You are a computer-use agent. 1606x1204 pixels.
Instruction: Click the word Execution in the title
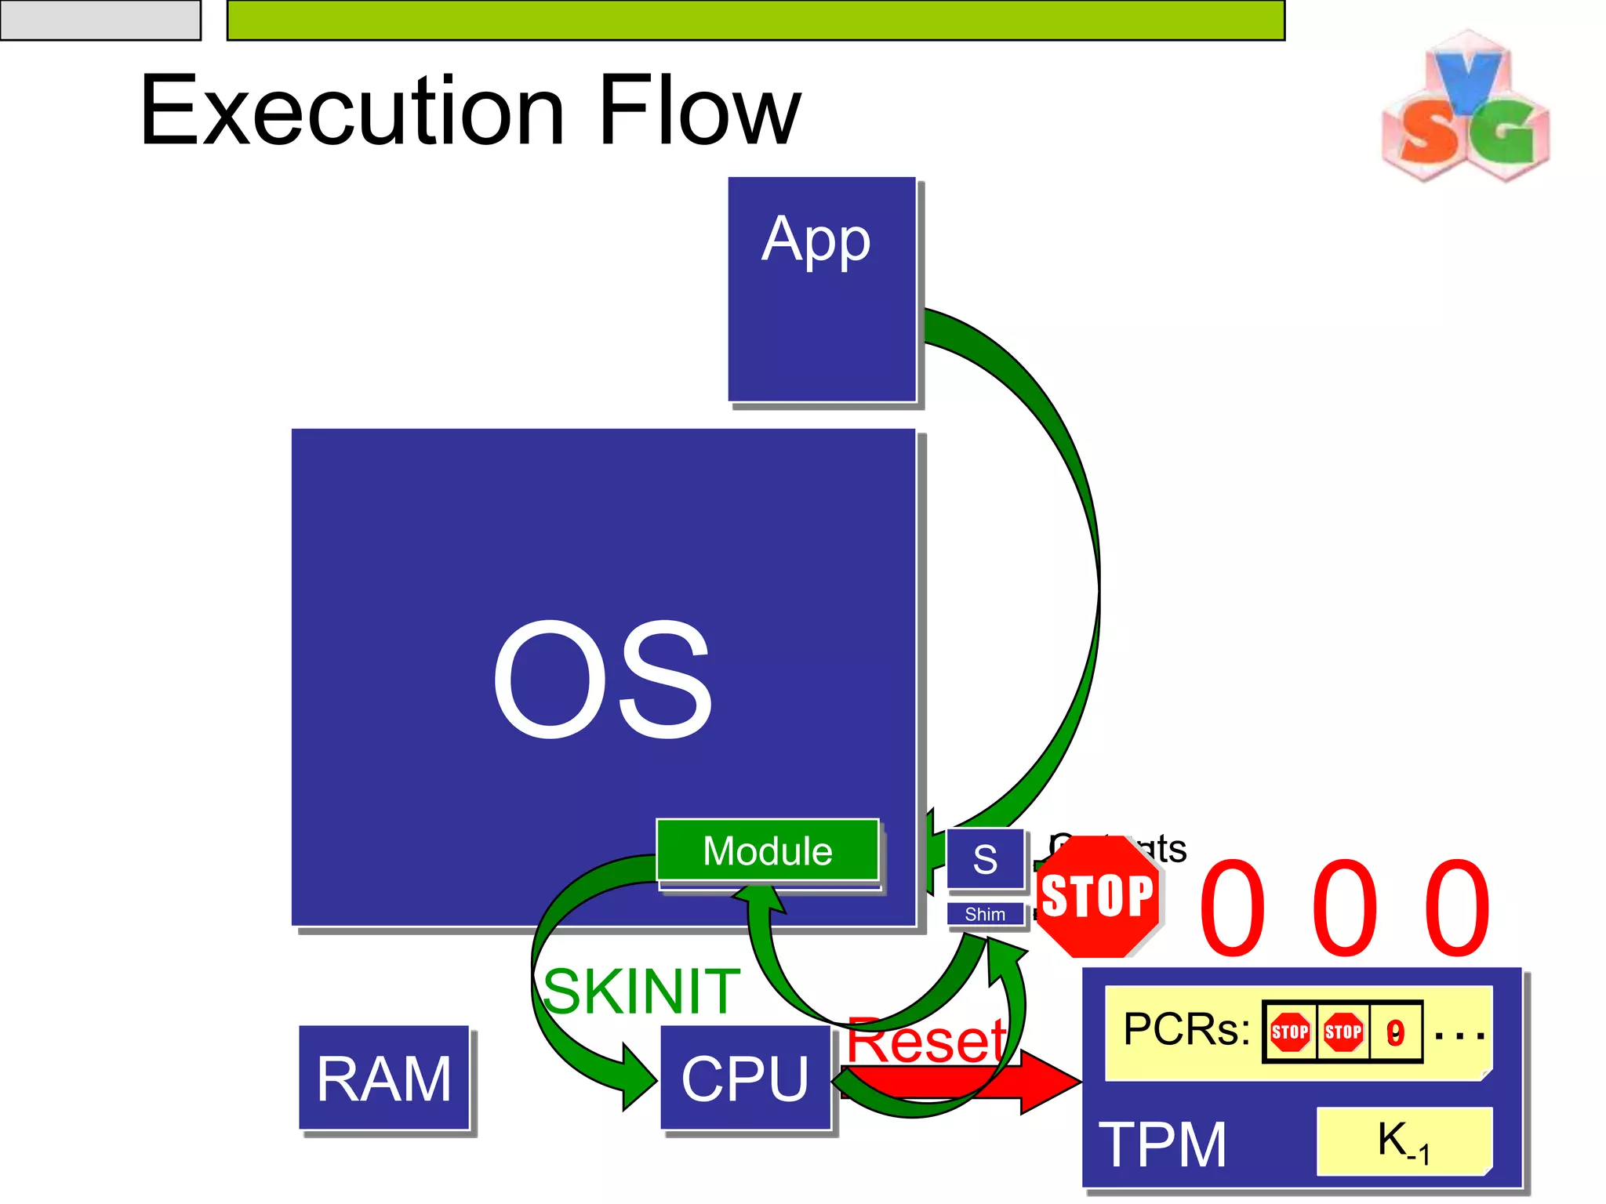351,111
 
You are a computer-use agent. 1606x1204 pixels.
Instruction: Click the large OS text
602,679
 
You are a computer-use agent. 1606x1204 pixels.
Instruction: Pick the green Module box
767,850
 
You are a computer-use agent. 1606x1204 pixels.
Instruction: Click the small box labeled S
985,859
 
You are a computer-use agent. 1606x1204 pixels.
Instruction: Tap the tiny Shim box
985,914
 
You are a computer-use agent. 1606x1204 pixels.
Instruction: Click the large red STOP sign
1098,896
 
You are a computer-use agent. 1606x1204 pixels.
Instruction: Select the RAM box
383,1078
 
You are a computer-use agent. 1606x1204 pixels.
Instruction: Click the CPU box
745,1078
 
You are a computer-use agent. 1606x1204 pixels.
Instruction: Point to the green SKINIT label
641,991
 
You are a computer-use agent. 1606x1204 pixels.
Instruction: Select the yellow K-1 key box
1404,1141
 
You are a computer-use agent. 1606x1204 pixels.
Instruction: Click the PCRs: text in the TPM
1186,1029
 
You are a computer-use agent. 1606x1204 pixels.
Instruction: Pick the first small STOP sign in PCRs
1290,1032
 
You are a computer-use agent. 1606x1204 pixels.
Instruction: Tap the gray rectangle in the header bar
100,20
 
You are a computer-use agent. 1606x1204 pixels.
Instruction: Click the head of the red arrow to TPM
1051,1082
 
